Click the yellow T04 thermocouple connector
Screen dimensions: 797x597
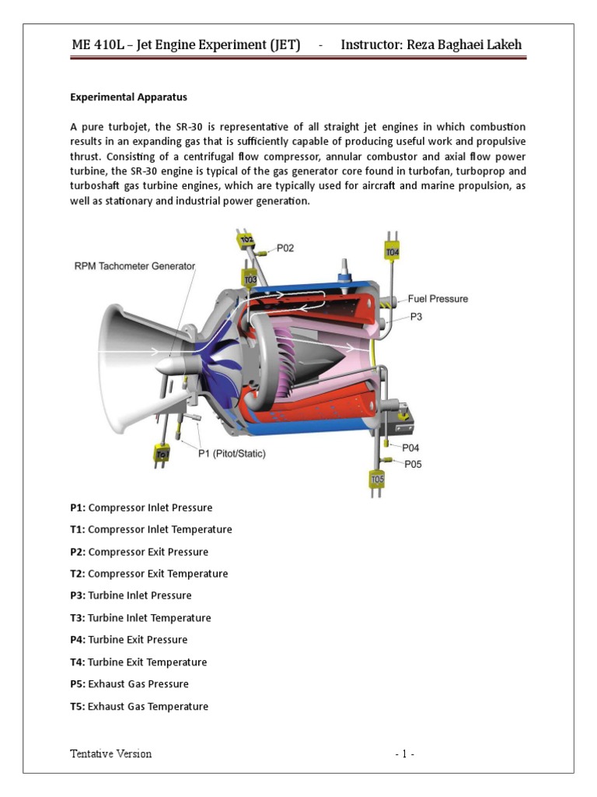pyautogui.click(x=392, y=251)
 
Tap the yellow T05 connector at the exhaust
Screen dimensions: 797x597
pyautogui.click(x=376, y=479)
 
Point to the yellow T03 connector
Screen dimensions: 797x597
pyautogui.click(x=250, y=279)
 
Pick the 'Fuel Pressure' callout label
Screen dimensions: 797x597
pyautogui.click(x=438, y=298)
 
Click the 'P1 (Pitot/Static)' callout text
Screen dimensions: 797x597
pyautogui.click(x=231, y=454)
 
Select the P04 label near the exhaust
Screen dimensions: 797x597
pyautogui.click(x=410, y=448)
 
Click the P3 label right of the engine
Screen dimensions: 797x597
pyautogui.click(x=417, y=317)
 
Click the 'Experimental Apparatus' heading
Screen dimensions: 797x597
pyautogui.click(x=128, y=98)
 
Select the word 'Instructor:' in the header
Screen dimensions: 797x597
pyautogui.click(x=370, y=45)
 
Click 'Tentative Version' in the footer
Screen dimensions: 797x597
pyautogui.click(x=110, y=753)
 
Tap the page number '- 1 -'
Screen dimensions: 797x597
pyautogui.click(x=404, y=753)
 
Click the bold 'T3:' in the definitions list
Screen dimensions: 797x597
pyautogui.click(x=78, y=618)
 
